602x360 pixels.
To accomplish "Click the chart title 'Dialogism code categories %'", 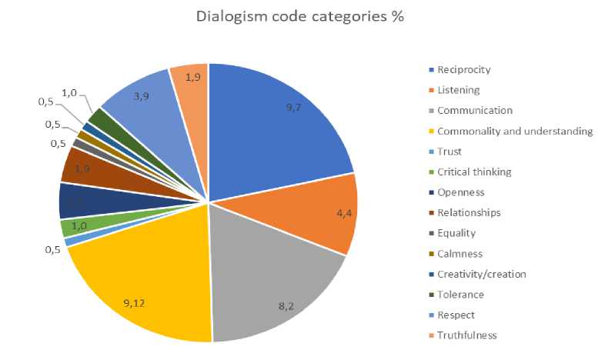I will tap(300, 17).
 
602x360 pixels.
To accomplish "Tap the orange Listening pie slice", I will tap(316, 212).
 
